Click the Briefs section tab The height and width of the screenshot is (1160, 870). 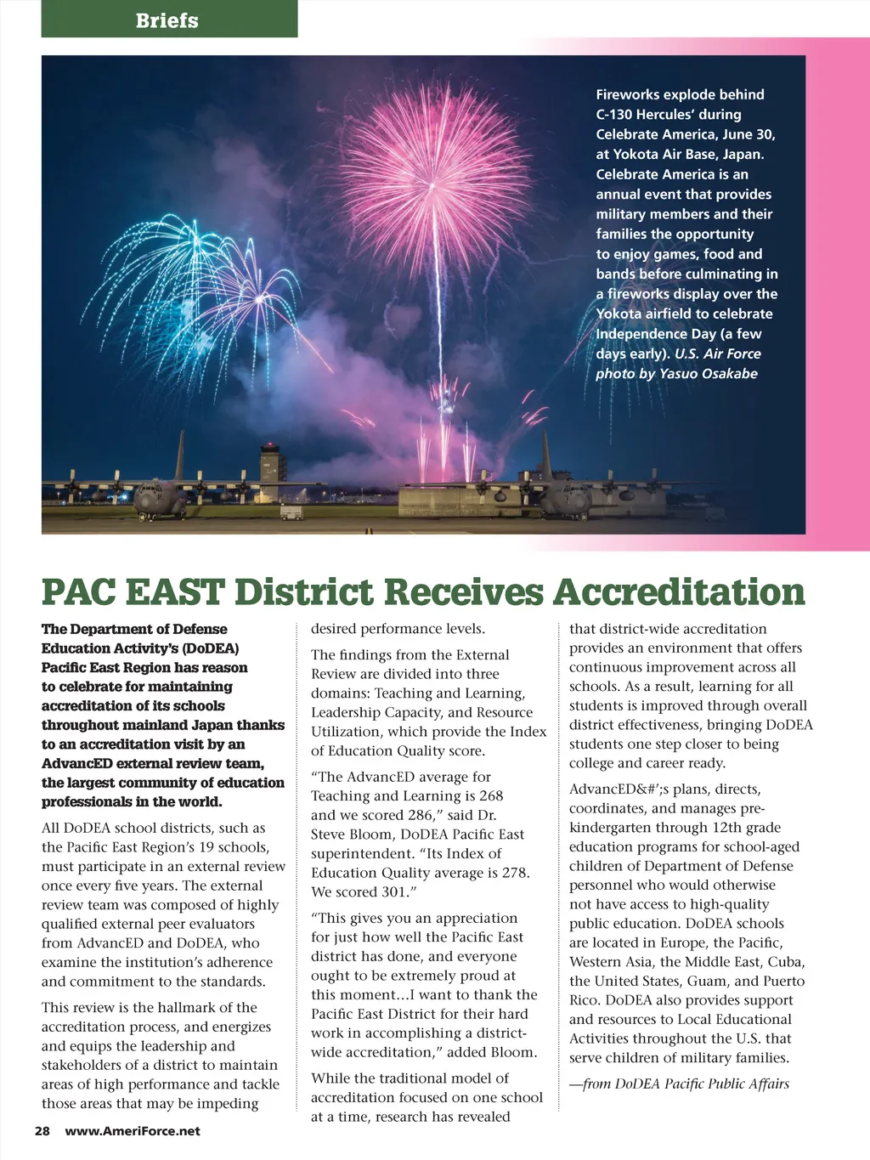[167, 20]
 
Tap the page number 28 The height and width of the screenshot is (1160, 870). [42, 1131]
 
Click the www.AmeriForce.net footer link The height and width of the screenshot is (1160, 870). [133, 1131]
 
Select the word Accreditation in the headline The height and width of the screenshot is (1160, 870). [679, 591]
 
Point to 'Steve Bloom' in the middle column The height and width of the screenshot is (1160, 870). [351, 835]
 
